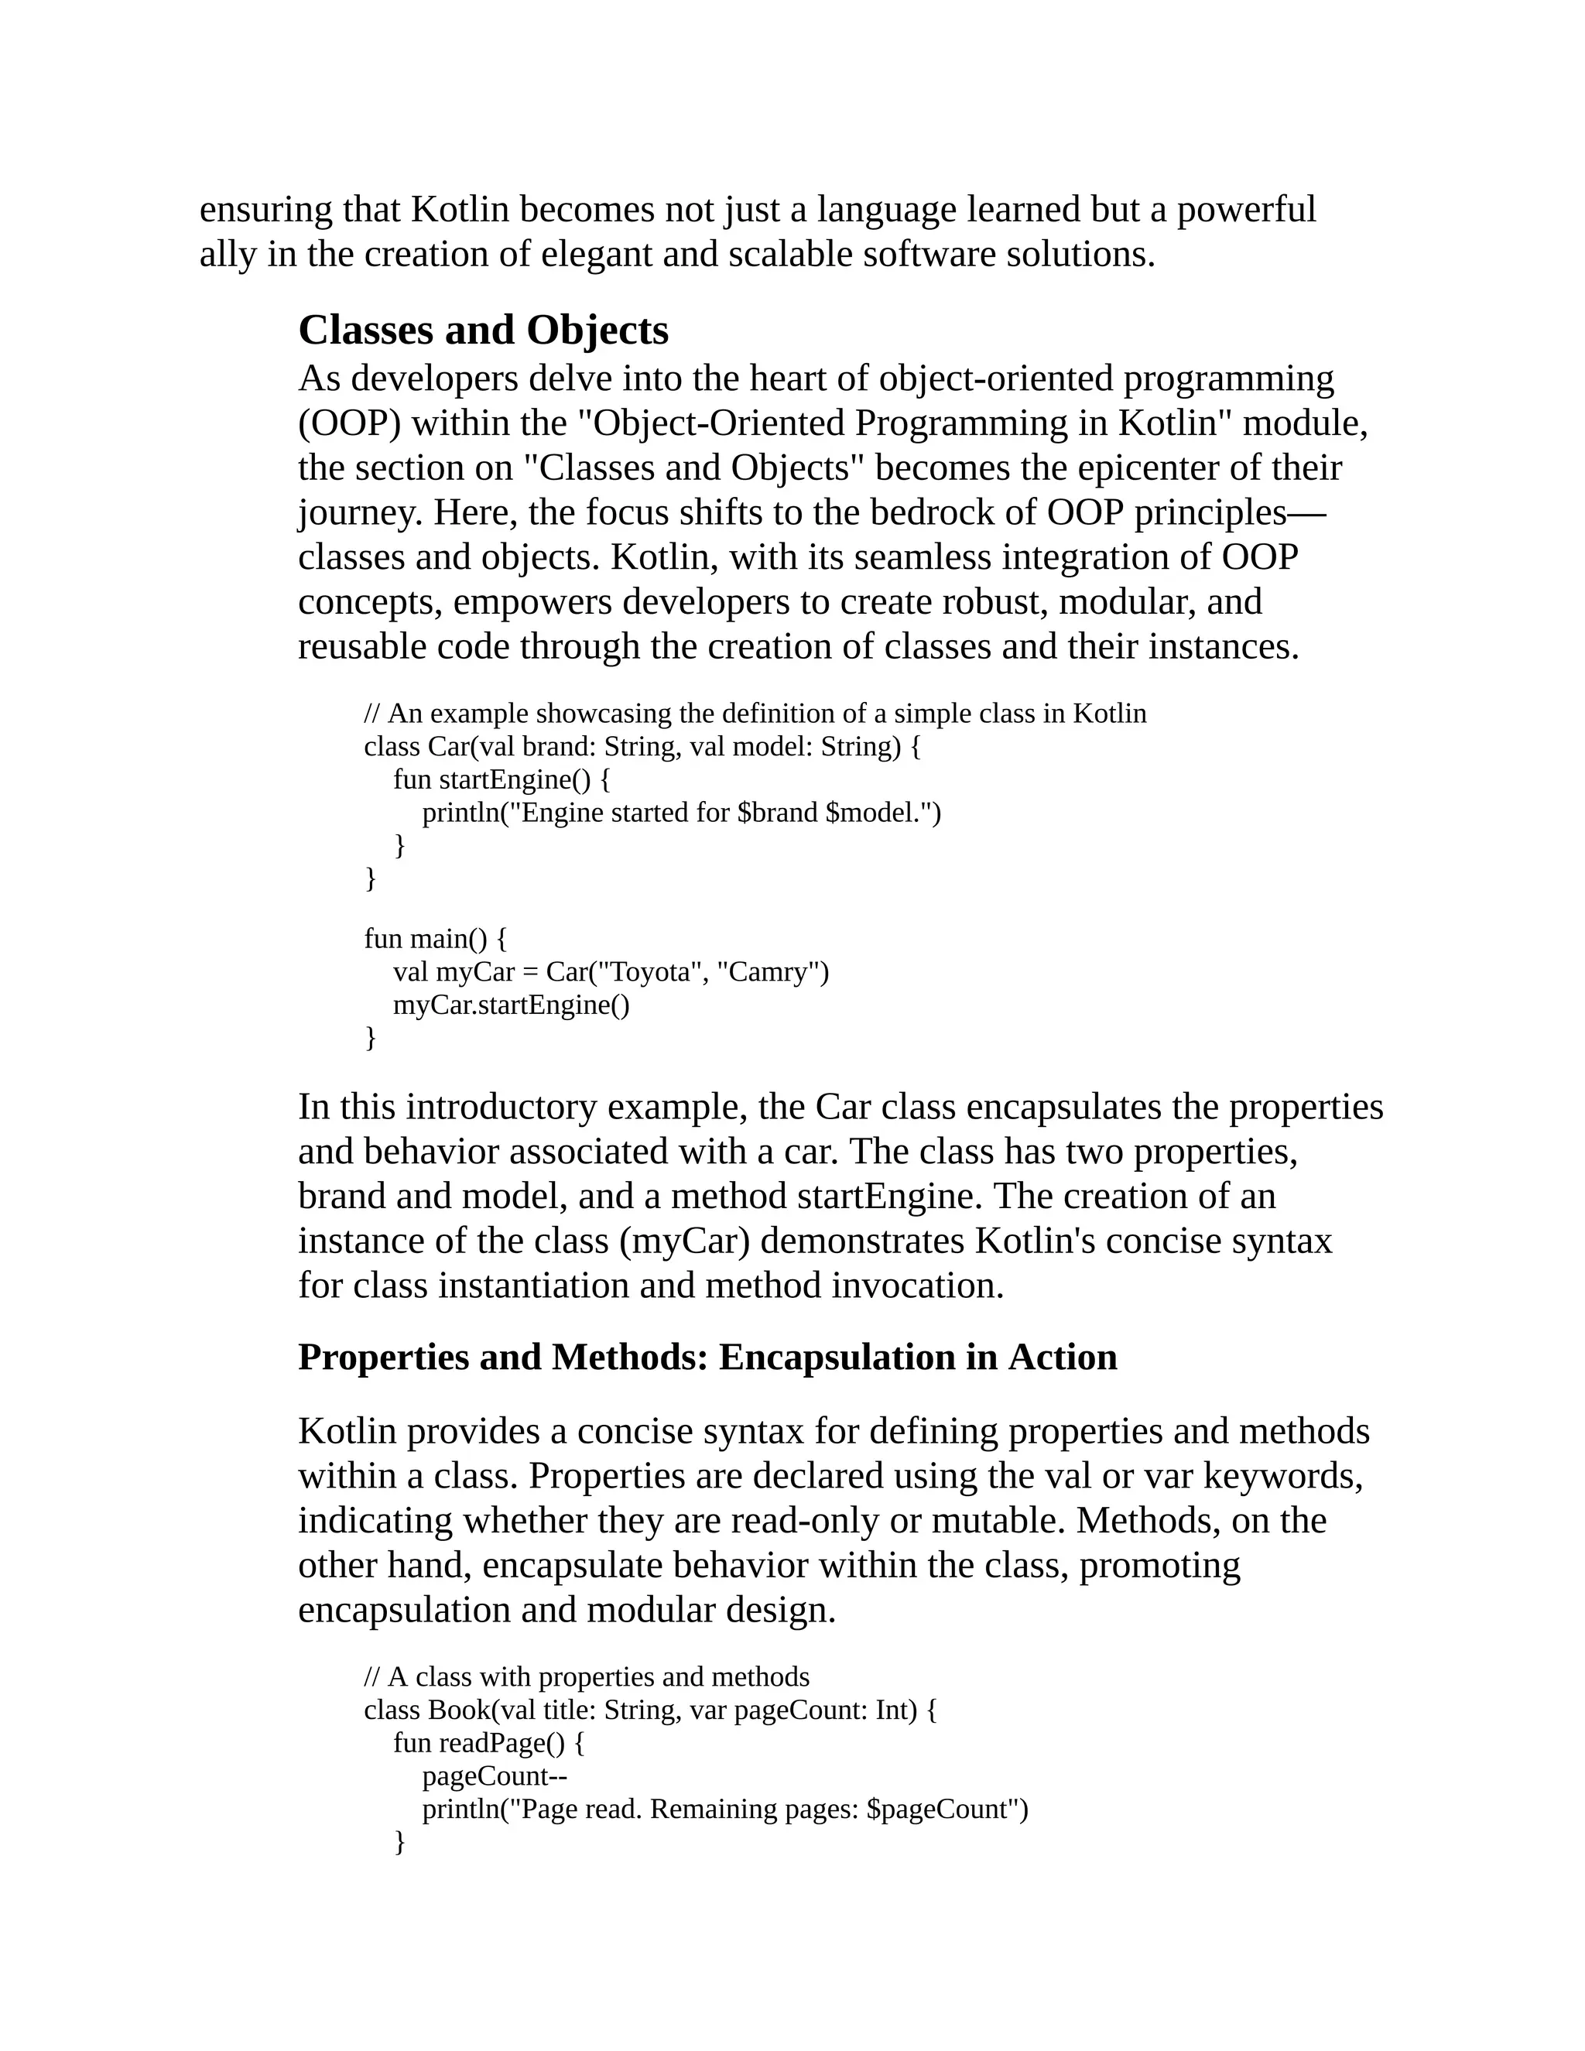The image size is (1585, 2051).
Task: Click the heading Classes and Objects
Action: click(x=483, y=330)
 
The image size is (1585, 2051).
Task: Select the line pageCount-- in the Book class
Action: click(x=494, y=1775)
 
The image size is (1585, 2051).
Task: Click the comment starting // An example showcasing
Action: click(x=755, y=714)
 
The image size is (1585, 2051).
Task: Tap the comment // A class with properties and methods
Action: click(x=586, y=1677)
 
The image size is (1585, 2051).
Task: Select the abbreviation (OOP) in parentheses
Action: click(x=349, y=423)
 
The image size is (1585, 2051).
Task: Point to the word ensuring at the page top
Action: click(x=265, y=210)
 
